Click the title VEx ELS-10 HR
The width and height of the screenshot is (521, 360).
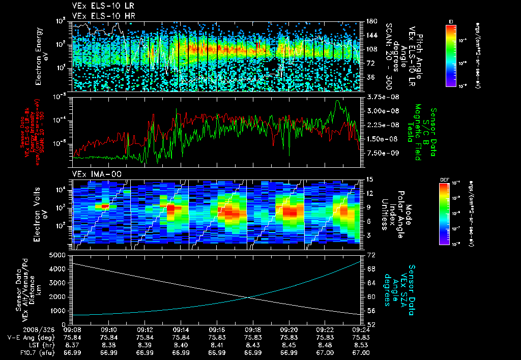tap(98, 16)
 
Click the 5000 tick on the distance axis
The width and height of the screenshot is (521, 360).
tap(60, 254)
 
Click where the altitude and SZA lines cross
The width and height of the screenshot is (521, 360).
tap(248, 297)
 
